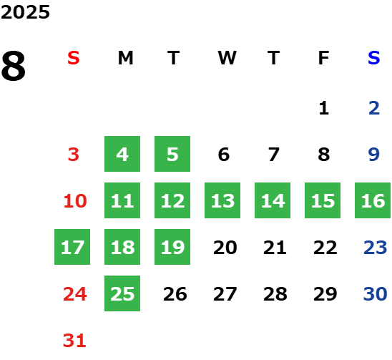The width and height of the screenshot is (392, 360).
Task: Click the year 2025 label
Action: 25,12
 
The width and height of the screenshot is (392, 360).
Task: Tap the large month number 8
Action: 14,66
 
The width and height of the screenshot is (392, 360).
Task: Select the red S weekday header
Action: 74,58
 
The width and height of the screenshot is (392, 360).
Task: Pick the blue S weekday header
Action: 373,58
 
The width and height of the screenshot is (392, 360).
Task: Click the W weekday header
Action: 227,58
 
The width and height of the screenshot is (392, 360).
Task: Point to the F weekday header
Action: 323,58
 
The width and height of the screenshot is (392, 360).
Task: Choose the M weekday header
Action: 125,58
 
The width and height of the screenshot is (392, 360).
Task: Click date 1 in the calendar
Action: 324,108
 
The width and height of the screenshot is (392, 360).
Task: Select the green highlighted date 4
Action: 122,154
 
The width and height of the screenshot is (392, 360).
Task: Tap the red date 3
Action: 74,154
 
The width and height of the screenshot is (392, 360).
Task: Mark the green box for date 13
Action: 222,200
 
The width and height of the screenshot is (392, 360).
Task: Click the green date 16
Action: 373,200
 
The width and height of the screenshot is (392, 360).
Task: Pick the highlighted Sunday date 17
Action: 72,247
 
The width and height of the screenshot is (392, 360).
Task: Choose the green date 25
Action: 122,293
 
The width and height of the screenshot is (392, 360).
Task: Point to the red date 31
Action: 74,340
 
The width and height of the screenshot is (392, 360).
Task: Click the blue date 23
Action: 376,247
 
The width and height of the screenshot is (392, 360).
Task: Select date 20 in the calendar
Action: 225,247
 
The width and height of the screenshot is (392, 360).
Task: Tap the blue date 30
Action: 376,293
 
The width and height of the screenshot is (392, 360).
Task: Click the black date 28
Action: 275,293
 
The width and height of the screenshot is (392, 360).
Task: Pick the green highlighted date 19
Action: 172,247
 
